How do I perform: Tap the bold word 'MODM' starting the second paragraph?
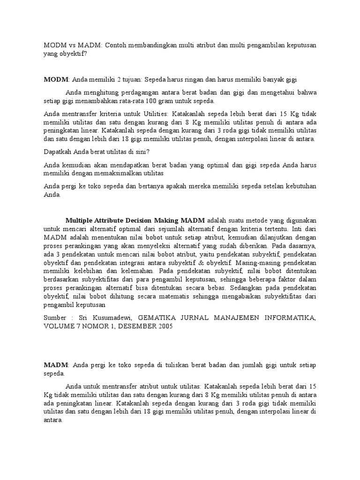point(56,80)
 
